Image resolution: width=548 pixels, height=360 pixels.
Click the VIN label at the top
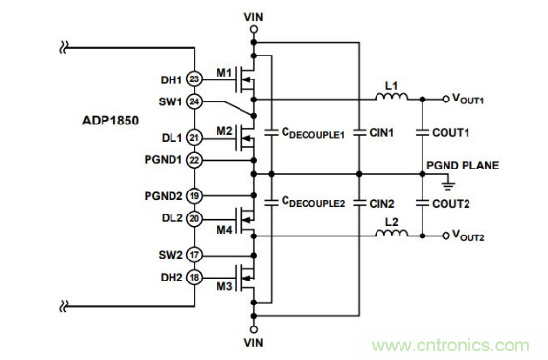click(x=253, y=15)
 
